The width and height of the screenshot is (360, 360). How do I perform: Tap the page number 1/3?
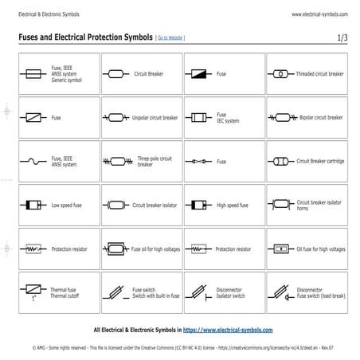click(342, 37)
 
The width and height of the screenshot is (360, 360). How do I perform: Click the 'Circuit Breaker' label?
click(149, 73)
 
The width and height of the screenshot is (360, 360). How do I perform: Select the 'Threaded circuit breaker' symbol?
click(280, 73)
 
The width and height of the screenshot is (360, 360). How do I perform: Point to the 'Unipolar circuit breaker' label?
click(155, 117)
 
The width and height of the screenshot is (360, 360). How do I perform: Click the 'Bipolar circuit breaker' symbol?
click(280, 117)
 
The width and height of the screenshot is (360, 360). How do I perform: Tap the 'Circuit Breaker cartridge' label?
click(320, 161)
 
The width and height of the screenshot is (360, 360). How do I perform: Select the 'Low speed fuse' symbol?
click(33, 205)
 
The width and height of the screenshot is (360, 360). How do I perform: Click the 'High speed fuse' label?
click(233, 205)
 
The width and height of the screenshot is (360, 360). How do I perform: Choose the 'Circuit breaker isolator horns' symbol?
click(280, 205)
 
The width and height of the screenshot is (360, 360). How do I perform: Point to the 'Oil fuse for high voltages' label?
click(321, 248)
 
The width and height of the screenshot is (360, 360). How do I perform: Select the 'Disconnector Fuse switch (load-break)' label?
click(321, 292)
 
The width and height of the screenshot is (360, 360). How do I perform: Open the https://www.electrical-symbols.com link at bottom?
click(228, 329)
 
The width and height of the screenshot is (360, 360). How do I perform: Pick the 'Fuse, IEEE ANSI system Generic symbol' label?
click(67, 73)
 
